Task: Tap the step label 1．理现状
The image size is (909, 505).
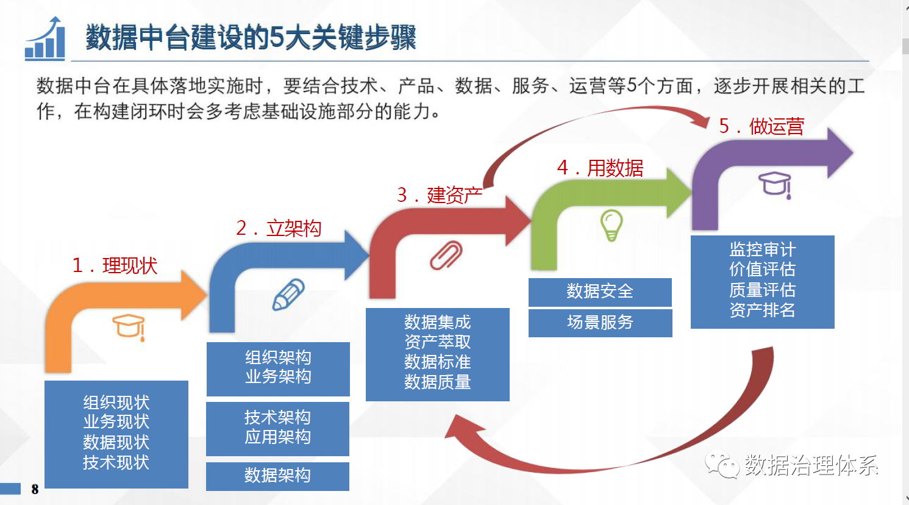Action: point(115,266)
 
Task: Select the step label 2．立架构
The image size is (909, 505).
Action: point(279,228)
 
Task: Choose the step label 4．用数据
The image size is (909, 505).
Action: point(600,168)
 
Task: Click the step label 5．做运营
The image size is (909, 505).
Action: point(761,126)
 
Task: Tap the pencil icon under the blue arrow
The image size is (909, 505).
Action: point(288,295)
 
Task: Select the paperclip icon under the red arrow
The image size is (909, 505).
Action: point(446,256)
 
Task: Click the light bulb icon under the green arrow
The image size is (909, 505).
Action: point(611,226)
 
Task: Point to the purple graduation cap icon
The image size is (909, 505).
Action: point(775,185)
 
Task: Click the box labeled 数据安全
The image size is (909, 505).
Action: point(600,292)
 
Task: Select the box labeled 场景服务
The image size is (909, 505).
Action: point(600,323)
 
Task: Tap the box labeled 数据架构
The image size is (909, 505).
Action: point(277,476)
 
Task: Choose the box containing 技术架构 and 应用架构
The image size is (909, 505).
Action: point(277,429)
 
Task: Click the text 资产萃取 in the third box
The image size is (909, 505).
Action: point(438,342)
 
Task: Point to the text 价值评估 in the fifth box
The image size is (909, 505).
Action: point(763,269)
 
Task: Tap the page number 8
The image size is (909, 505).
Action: point(35,489)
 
